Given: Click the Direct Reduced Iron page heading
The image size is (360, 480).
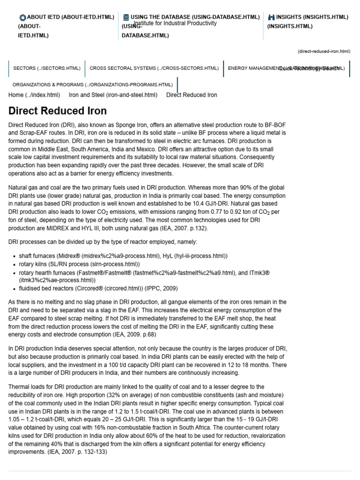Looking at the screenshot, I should click(58, 111).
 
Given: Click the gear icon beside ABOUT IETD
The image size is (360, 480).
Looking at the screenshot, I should click(22, 17).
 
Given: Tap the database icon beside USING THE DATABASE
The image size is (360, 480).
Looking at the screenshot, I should click(126, 17).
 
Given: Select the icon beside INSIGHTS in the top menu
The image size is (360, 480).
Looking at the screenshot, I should click(271, 17).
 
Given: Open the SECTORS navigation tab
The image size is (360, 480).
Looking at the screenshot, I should click(47, 68).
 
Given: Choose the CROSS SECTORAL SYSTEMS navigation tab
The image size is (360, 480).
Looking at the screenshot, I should click(154, 68).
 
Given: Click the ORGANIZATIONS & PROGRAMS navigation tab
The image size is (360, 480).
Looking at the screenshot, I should click(92, 85).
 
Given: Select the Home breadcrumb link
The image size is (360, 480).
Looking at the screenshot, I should click(34, 95).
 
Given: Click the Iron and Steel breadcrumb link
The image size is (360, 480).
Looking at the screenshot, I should click(113, 95).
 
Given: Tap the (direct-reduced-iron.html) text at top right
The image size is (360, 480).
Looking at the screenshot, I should click(323, 51).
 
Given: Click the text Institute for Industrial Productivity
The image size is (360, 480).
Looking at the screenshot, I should click(175, 23).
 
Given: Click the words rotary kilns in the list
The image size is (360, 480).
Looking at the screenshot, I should click(35, 264).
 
